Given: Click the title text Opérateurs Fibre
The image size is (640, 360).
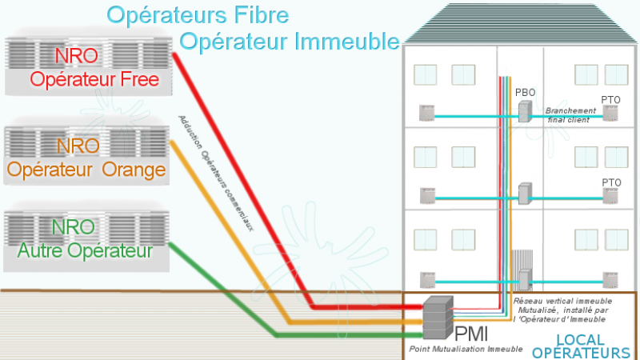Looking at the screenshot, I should (197, 14).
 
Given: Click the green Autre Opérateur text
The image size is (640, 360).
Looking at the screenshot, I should (89, 250).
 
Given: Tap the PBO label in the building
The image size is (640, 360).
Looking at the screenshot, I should (525, 93).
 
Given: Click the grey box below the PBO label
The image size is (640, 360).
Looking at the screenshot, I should (524, 111).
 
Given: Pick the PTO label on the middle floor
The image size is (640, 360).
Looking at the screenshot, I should (611, 183).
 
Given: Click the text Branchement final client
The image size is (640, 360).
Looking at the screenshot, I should (570, 115).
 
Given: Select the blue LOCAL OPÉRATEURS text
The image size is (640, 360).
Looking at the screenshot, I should (580, 346).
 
